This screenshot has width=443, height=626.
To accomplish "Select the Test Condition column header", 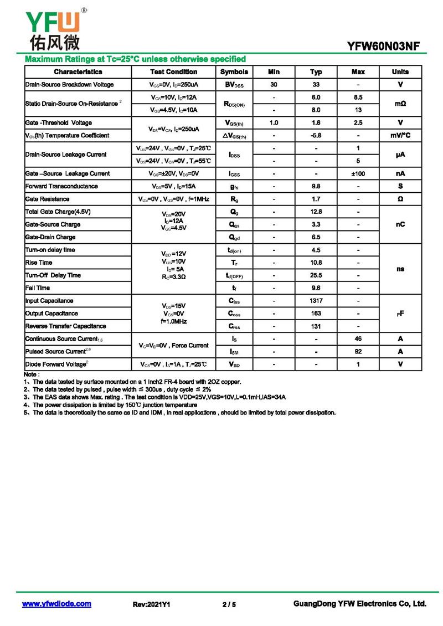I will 173,72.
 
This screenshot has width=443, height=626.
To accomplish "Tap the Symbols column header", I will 234,72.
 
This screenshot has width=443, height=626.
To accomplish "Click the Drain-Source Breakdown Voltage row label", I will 70,85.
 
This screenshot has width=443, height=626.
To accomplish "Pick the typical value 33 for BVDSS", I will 316,85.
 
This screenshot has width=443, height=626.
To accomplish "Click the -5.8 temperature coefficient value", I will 316,136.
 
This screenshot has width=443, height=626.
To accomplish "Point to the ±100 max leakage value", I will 358,174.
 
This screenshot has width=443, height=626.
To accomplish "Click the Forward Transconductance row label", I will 61,187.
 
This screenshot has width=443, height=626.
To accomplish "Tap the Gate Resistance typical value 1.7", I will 316,199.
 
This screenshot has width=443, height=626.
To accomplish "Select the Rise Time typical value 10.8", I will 316,263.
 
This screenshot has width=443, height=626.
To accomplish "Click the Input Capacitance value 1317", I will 316,301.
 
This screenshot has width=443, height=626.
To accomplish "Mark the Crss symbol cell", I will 234,326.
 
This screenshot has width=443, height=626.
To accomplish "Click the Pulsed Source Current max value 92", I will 358,352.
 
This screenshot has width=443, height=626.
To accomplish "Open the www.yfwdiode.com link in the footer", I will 56,604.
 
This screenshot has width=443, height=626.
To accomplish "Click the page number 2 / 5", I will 229,604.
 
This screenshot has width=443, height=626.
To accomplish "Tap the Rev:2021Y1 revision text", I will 151,604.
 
